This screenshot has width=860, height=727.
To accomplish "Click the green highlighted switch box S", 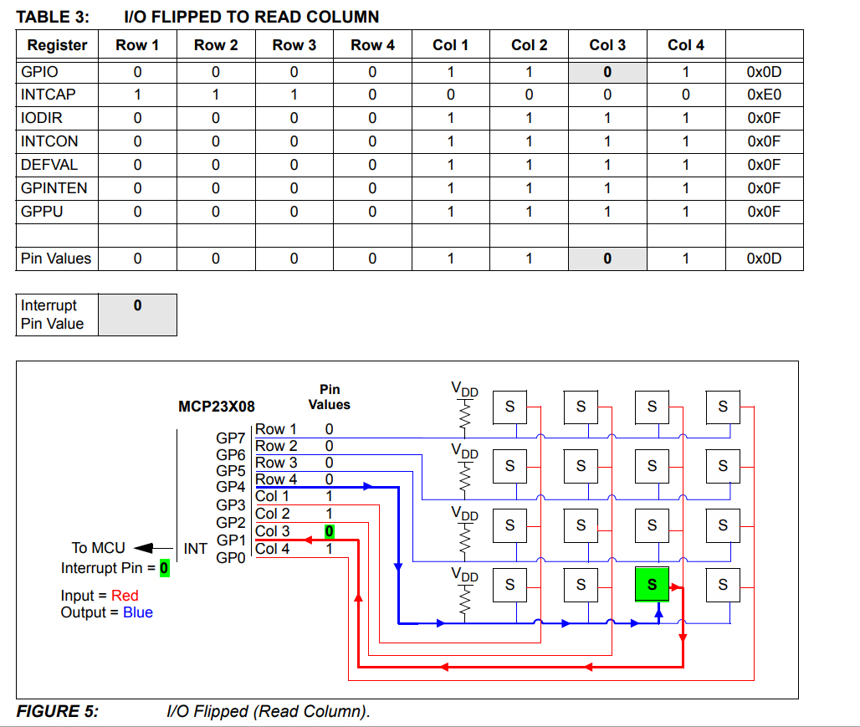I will [653, 584].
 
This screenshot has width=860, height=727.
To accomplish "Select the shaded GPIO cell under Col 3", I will [607, 72].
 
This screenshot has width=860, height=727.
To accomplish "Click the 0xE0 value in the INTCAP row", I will [764, 95].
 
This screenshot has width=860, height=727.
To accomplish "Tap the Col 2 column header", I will [529, 45].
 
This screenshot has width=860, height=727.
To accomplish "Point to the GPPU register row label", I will [42, 212].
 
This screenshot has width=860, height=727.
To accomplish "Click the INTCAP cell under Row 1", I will [137, 95].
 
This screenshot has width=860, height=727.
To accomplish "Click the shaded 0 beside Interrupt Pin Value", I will [137, 306].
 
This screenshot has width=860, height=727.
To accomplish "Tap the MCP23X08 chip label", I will [217, 407].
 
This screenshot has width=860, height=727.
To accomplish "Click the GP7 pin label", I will [231, 438].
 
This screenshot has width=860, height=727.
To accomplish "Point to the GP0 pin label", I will [231, 558].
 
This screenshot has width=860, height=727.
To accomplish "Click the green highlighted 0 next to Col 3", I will [330, 531].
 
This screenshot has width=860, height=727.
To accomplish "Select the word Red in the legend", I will [125, 596].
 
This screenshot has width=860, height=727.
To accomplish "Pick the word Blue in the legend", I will [138, 612].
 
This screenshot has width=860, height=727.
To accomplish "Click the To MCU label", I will [98, 548].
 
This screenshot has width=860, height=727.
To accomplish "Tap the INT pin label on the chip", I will [195, 549].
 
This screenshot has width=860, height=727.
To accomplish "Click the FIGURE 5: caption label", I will [57, 711].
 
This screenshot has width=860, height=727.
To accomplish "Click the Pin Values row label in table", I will [55, 259].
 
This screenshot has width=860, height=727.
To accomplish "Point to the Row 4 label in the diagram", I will [276, 479].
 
